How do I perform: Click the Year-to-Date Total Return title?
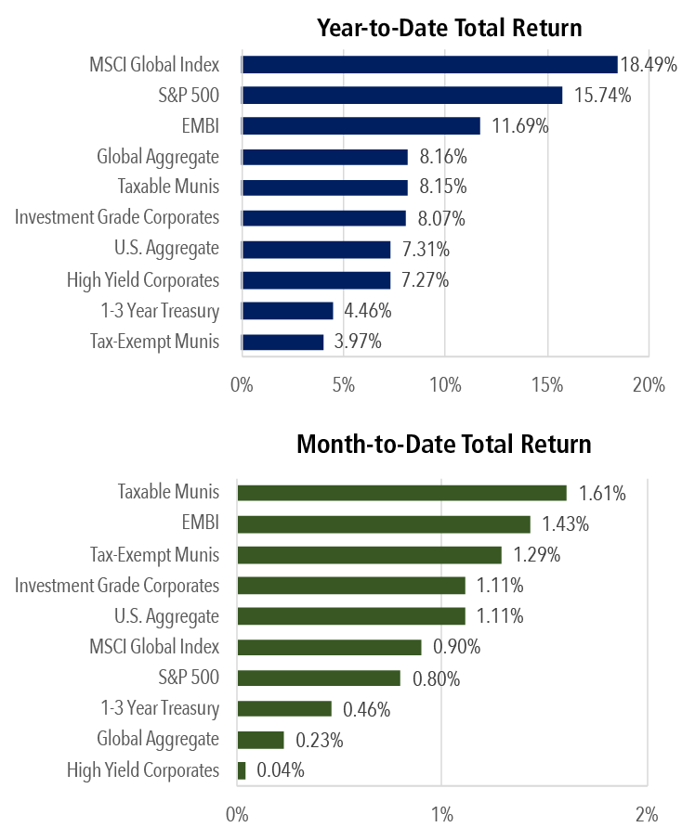[449, 28]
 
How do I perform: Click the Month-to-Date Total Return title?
[443, 444]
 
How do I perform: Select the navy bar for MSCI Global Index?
[429, 64]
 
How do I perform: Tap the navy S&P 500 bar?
[401, 96]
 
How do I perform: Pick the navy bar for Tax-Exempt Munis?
[282, 342]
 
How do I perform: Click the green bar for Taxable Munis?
[401, 492]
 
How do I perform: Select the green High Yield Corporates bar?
[242, 770]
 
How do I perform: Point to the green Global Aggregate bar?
[260, 740]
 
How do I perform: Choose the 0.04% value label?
[280, 770]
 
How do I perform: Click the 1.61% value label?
[601, 493]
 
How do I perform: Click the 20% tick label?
[647, 384]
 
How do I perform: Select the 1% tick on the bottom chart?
[442, 815]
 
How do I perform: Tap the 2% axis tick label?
[647, 815]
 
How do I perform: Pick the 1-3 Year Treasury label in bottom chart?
[160, 709]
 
